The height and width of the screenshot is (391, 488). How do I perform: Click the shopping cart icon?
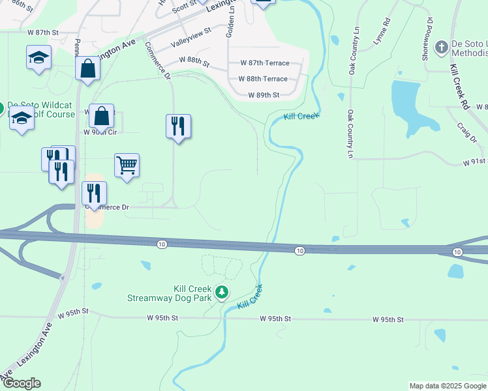(127, 164)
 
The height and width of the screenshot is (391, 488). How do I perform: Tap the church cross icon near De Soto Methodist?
(442, 47)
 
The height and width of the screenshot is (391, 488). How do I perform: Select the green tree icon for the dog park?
(222, 291)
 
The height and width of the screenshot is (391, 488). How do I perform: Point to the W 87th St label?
(43, 31)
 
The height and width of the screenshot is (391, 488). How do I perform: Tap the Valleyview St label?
(191, 38)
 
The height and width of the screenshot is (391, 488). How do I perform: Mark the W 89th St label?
(264, 95)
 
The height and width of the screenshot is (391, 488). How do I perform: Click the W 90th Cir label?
(100, 131)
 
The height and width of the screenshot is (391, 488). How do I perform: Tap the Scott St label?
(185, 7)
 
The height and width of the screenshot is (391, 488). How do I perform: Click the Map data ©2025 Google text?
(448, 386)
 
